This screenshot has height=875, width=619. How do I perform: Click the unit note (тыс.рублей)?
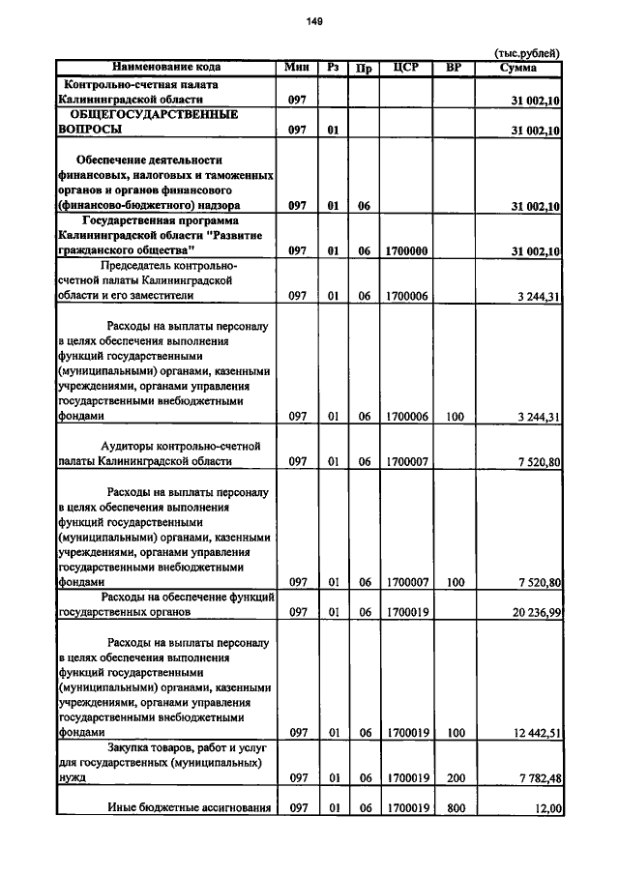tap(526, 53)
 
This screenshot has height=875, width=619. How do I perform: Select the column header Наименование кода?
tap(166, 67)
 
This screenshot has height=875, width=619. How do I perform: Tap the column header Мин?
tap(297, 67)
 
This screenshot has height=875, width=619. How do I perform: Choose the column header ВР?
tap(455, 67)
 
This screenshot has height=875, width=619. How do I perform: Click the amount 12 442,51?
tap(527, 733)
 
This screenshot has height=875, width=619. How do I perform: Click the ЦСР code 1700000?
tap(406, 251)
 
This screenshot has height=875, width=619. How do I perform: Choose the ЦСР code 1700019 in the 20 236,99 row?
tap(406, 612)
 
